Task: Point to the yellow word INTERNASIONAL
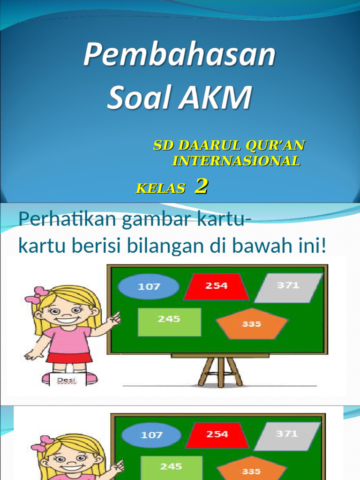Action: [x=236, y=161]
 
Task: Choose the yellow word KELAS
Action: [x=160, y=189]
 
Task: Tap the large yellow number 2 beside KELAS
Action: [x=201, y=187]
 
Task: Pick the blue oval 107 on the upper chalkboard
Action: [x=149, y=286]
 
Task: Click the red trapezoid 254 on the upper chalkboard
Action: [x=217, y=286]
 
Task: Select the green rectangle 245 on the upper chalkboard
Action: [x=169, y=322]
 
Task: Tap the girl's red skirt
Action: [x=69, y=358]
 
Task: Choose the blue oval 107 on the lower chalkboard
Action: [x=152, y=435]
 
